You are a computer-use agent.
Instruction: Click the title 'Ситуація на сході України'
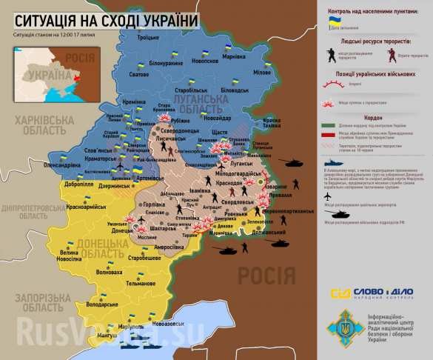coord(107,21)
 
